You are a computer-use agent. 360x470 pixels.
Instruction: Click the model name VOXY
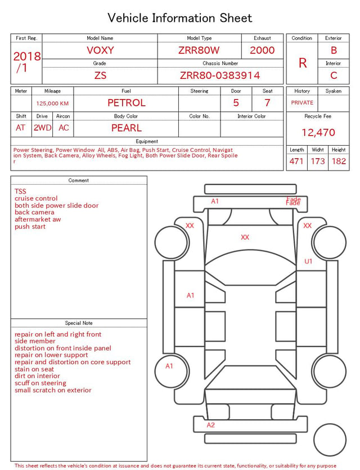pyautogui.click(x=100, y=50)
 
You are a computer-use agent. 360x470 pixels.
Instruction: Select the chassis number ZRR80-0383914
pyautogui.click(x=220, y=75)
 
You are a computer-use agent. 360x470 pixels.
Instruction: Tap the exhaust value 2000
pyautogui.click(x=262, y=50)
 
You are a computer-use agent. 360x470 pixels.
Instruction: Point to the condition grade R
pyautogui.click(x=303, y=63)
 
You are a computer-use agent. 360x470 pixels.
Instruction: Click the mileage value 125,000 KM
pyautogui.click(x=52, y=104)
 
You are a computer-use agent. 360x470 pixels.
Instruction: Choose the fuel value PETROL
pyautogui.click(x=127, y=103)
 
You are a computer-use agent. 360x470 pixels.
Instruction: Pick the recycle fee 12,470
pyautogui.click(x=318, y=132)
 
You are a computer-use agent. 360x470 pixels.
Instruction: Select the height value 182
pyautogui.click(x=339, y=161)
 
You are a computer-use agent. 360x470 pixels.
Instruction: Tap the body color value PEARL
pyautogui.click(x=127, y=128)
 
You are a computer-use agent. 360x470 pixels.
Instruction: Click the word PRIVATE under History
pyautogui.click(x=302, y=102)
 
